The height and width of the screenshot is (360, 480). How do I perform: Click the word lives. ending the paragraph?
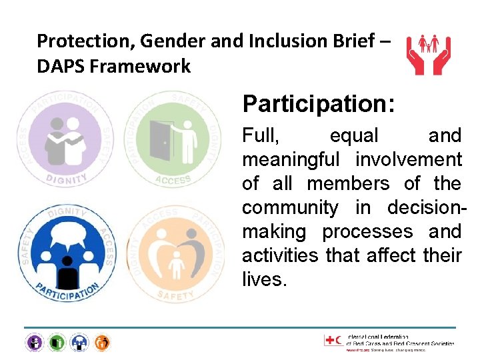point(264,280)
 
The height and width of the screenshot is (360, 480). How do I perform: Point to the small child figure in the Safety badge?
point(177,264)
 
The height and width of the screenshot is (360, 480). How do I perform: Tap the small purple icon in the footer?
point(34,343)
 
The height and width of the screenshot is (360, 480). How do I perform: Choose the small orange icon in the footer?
point(102,343)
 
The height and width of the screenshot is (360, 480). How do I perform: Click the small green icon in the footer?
point(57,343)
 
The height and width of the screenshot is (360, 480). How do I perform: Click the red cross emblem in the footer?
point(330,341)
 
